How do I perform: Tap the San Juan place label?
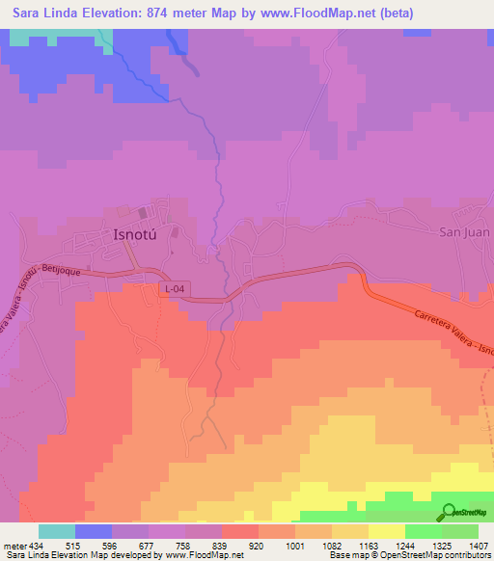pos(465,232)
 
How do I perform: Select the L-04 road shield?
pos(174,288)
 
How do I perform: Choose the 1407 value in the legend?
pos(479,547)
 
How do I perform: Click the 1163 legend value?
pos(368,547)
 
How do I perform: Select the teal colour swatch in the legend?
pos(57,531)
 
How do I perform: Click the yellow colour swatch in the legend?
pos(386,531)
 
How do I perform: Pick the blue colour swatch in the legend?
pos(94,531)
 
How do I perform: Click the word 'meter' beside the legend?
pos(15,547)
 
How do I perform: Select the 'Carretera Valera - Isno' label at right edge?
pos(453,336)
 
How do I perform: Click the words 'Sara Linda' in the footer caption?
pos(26,556)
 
